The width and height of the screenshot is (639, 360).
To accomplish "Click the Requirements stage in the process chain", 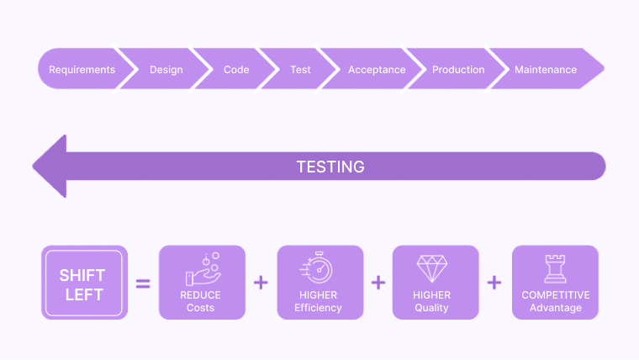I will (82, 70).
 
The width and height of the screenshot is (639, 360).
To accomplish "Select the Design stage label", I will (166, 70).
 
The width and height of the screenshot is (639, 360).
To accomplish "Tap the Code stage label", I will (236, 70).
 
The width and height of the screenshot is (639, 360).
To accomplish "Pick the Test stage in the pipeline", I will (300, 70).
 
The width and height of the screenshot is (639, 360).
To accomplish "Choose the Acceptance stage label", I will (377, 70).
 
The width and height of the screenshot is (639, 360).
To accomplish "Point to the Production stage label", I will (458, 70).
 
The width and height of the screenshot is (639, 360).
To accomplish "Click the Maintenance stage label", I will (546, 70).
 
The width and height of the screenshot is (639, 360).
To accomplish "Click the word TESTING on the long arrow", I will (330, 167).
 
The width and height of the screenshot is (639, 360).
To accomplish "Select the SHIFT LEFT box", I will (84, 283).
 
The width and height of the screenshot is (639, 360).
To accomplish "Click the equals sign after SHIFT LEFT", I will (143, 283).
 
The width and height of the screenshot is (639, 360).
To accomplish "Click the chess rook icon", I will (555, 268).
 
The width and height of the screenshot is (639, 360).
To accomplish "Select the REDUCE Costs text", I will (201, 301).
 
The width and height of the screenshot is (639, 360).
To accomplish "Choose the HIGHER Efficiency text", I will (319, 301).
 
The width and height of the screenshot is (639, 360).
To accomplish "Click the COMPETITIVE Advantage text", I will (556, 301).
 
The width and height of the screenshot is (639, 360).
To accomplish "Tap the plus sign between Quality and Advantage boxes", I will (494, 283).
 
